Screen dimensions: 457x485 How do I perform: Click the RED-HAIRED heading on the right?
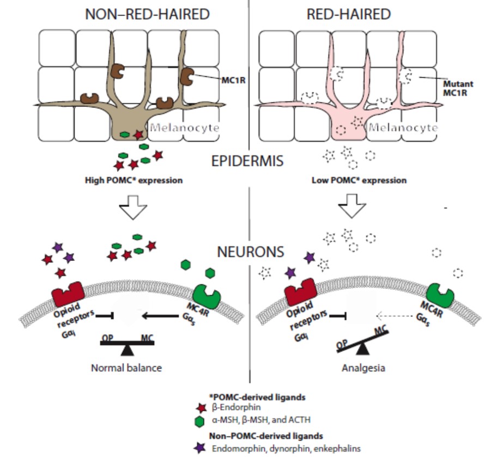click(349, 15)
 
